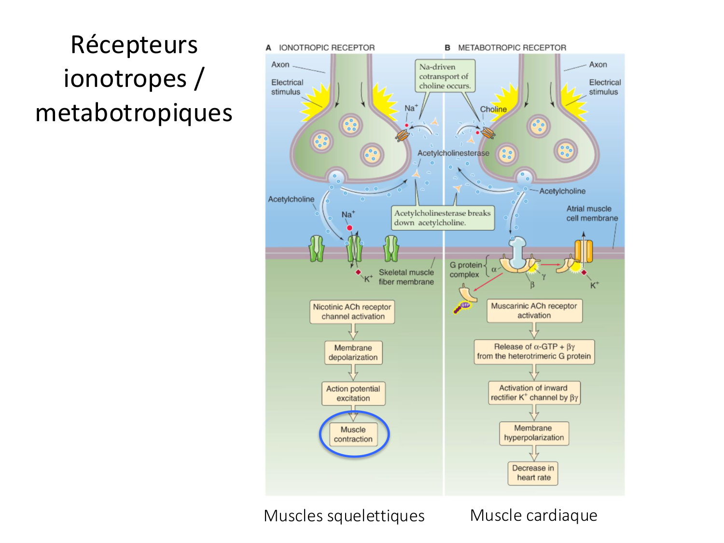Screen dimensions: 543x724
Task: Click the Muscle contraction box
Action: click(353, 434)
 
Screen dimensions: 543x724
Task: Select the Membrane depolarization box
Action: click(353, 352)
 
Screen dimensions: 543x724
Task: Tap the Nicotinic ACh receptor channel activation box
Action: click(352, 312)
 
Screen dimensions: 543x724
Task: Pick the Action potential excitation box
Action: click(353, 393)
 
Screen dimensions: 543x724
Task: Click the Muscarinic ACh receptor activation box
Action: click(534, 310)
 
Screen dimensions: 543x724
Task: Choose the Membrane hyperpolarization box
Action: click(534, 433)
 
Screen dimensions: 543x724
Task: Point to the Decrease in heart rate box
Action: click(533, 473)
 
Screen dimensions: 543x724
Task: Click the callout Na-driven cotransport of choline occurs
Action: click(444, 76)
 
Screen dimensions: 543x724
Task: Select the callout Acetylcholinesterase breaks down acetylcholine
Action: click(442, 218)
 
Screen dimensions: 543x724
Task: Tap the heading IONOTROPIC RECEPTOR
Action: click(326, 48)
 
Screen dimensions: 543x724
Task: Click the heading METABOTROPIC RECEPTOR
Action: click(512, 48)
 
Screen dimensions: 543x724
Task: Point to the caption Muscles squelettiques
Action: click(344, 516)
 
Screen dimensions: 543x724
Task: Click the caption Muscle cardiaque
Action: click(533, 515)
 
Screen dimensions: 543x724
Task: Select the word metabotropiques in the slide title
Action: click(134, 113)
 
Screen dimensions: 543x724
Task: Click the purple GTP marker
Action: click(464, 306)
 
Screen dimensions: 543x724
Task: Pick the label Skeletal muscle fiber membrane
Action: click(406, 277)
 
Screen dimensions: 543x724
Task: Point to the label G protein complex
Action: click(465, 270)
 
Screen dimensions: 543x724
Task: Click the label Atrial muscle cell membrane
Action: click(592, 213)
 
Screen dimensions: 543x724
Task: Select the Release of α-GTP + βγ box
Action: click(534, 351)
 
